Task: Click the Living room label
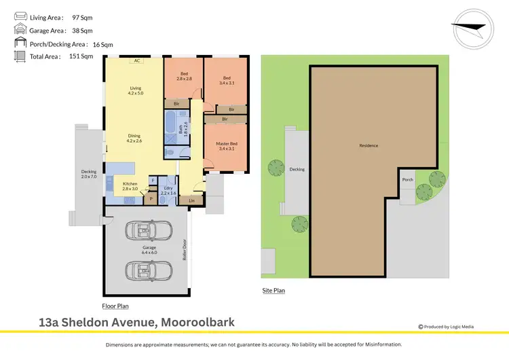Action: (x=136, y=90)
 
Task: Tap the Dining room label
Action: (x=134, y=138)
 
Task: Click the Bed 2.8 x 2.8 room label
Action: (x=183, y=76)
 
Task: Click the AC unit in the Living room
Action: (x=136, y=60)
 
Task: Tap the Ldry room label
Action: (x=168, y=191)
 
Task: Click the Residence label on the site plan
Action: (x=369, y=145)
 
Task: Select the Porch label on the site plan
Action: (x=407, y=180)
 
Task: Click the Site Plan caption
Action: (x=274, y=290)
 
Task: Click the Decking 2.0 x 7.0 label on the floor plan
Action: (x=90, y=173)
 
